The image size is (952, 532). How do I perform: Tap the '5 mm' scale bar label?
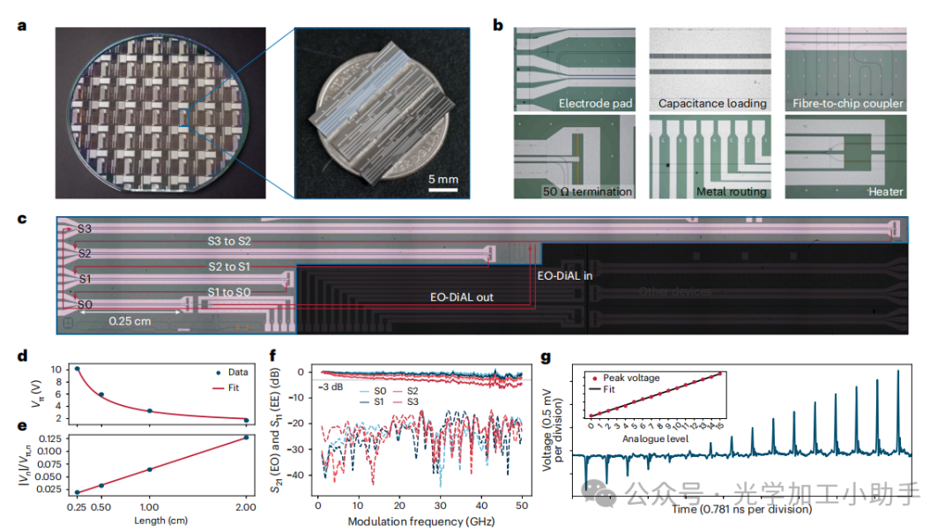pyautogui.click(x=443, y=179)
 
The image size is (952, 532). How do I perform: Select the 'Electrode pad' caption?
pyautogui.click(x=596, y=104)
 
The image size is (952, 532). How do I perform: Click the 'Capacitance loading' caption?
pyautogui.click(x=712, y=104)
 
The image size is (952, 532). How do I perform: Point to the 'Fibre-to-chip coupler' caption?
pyautogui.click(x=847, y=104)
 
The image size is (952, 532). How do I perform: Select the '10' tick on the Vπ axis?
pyautogui.click(x=55, y=369)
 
